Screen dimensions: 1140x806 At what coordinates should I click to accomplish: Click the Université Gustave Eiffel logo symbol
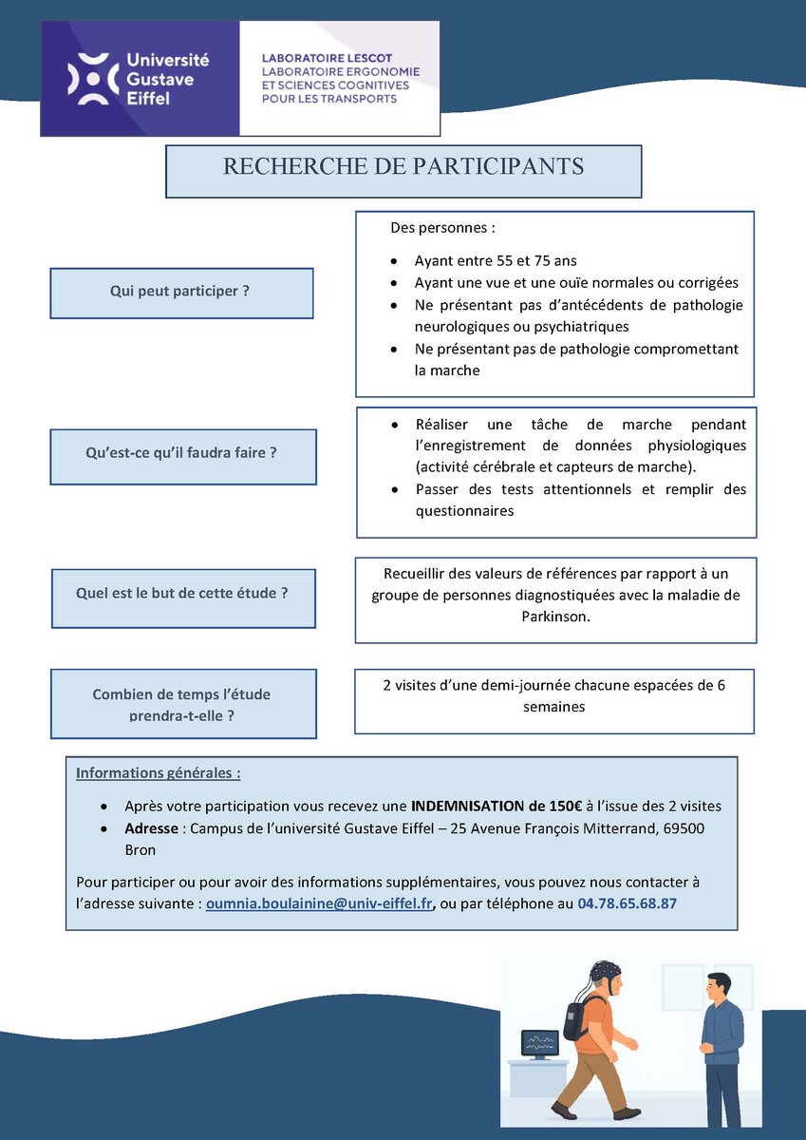(93, 79)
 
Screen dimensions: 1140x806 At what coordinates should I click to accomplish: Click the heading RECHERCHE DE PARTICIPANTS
(403, 167)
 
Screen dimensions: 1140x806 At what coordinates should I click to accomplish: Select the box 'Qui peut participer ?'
(180, 292)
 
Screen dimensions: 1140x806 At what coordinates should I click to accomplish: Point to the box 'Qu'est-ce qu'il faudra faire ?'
(182, 453)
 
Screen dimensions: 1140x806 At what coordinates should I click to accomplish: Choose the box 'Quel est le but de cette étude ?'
(182, 593)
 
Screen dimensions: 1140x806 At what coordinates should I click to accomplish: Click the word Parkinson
(555, 617)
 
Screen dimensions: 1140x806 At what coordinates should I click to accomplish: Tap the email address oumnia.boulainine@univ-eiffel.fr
(320, 903)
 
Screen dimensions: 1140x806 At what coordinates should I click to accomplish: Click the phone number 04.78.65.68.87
(627, 903)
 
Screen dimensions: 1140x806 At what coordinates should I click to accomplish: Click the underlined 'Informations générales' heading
(158, 772)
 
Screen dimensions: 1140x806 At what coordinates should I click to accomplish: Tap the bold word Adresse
(152, 828)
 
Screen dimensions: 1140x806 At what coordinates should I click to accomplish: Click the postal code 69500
(684, 828)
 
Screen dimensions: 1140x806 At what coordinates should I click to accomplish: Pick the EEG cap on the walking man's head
(604, 973)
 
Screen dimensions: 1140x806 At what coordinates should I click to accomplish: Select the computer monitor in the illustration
(541, 1044)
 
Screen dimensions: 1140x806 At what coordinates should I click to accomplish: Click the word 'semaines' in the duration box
(553, 707)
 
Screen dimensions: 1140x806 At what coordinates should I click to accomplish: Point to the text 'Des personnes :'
(442, 229)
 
